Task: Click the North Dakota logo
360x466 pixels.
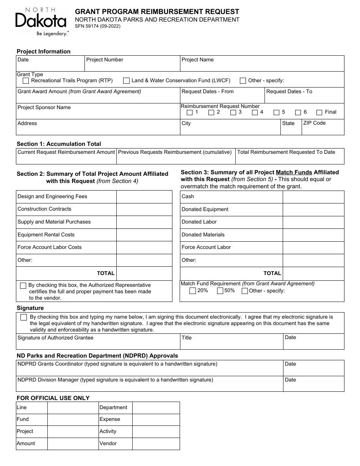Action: coord(41,22)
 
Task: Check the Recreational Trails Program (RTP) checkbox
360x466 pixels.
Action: coord(26,81)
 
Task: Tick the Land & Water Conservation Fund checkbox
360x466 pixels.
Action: coord(126,81)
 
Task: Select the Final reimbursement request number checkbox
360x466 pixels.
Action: coord(319,113)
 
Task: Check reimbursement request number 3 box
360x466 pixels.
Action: coord(233,113)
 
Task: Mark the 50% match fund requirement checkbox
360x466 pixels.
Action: coord(220,291)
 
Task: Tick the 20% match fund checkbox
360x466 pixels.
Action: coord(193,291)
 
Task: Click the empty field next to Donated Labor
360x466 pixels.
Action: coord(313,222)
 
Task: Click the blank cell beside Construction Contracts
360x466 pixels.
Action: coord(144,210)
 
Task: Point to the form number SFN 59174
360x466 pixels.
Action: coord(98,27)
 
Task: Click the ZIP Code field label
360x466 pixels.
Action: coord(314,123)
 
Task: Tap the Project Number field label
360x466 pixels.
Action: coord(105,60)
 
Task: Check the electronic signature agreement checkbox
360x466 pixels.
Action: coord(24,317)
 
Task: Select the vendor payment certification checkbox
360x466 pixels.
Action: coord(23,286)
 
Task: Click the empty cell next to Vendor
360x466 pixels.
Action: coord(156,444)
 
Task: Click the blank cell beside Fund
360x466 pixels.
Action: coord(73,420)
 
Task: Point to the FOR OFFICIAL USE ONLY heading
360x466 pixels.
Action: coord(53,398)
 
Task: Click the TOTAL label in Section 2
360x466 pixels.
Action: coord(106,273)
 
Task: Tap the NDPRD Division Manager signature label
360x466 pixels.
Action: coord(115,380)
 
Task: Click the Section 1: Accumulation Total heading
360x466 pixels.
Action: coord(59,144)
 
